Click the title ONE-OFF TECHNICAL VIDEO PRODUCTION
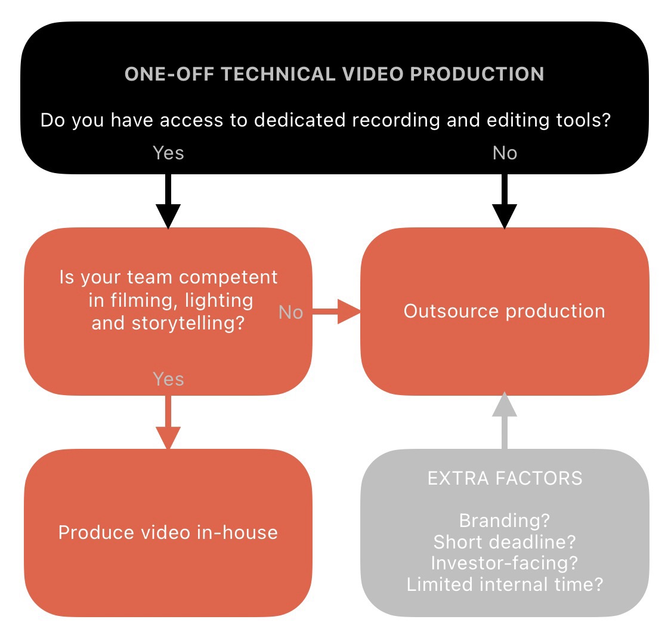(x=334, y=74)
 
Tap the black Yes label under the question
(x=168, y=153)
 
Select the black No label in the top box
(x=505, y=153)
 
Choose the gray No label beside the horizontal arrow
(x=291, y=312)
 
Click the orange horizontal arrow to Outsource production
(x=337, y=312)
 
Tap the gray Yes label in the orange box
(x=168, y=379)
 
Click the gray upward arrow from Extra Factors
(x=505, y=420)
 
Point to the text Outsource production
(x=505, y=311)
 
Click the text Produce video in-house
(x=168, y=532)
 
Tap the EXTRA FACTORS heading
(x=505, y=478)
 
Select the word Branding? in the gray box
(x=505, y=520)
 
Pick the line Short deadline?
(x=505, y=542)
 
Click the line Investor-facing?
(x=505, y=563)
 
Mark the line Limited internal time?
(x=505, y=584)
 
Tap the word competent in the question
(x=228, y=278)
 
